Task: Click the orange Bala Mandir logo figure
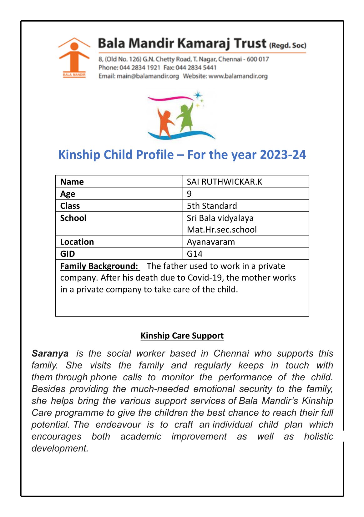coord(74,56)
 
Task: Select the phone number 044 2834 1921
coord(140,68)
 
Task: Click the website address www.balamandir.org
coord(238,76)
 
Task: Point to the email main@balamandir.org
coord(148,76)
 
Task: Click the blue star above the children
coord(198,95)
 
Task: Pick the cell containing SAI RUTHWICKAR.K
coord(225,182)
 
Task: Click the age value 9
coord(189,194)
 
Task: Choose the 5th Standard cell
coord(212,206)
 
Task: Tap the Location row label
coord(77,242)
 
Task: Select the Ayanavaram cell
coord(211,242)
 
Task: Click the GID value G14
coord(195,254)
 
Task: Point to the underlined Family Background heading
coord(99,266)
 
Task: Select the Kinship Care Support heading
coord(182,336)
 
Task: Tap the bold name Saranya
coord(50,353)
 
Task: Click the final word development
coord(59,448)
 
